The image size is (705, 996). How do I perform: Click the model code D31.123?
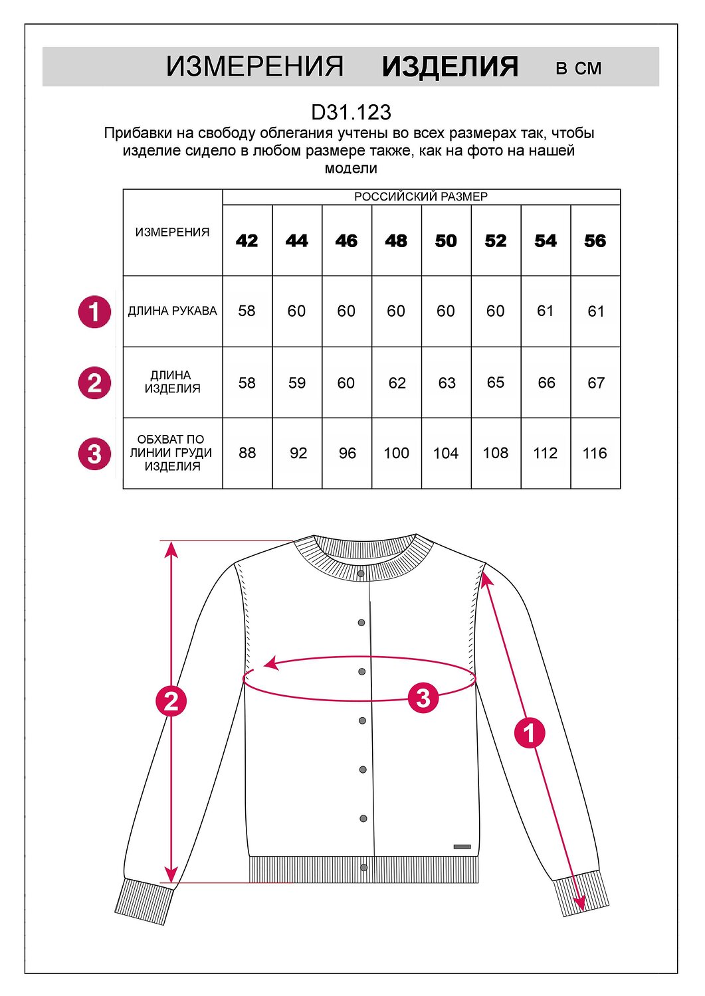[351, 112]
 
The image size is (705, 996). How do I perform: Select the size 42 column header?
[247, 240]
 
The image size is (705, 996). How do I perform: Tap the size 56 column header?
[595, 240]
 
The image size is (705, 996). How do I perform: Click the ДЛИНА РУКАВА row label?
[172, 311]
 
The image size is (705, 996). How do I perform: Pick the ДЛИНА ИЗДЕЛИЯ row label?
[172, 382]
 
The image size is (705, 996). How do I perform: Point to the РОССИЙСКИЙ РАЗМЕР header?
[421, 197]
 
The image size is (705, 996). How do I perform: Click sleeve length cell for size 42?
[247, 311]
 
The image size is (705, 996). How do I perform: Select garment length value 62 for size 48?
[397, 383]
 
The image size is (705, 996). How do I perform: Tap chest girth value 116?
[595, 453]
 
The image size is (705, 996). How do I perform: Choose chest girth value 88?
[247, 453]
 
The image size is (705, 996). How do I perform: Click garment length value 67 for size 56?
[595, 383]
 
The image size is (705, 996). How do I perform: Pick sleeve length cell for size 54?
[545, 311]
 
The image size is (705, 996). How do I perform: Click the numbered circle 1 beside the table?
[94, 312]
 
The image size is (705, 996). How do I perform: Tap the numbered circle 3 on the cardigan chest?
[423, 697]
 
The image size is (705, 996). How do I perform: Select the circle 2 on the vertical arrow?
[171, 701]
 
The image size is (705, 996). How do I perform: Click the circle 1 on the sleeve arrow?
[530, 733]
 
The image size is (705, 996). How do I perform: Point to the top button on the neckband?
[361, 573]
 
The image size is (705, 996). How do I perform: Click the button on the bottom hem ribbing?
[363, 868]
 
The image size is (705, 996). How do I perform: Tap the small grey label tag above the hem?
[462, 847]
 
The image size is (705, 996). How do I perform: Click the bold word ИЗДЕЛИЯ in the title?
[450, 67]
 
